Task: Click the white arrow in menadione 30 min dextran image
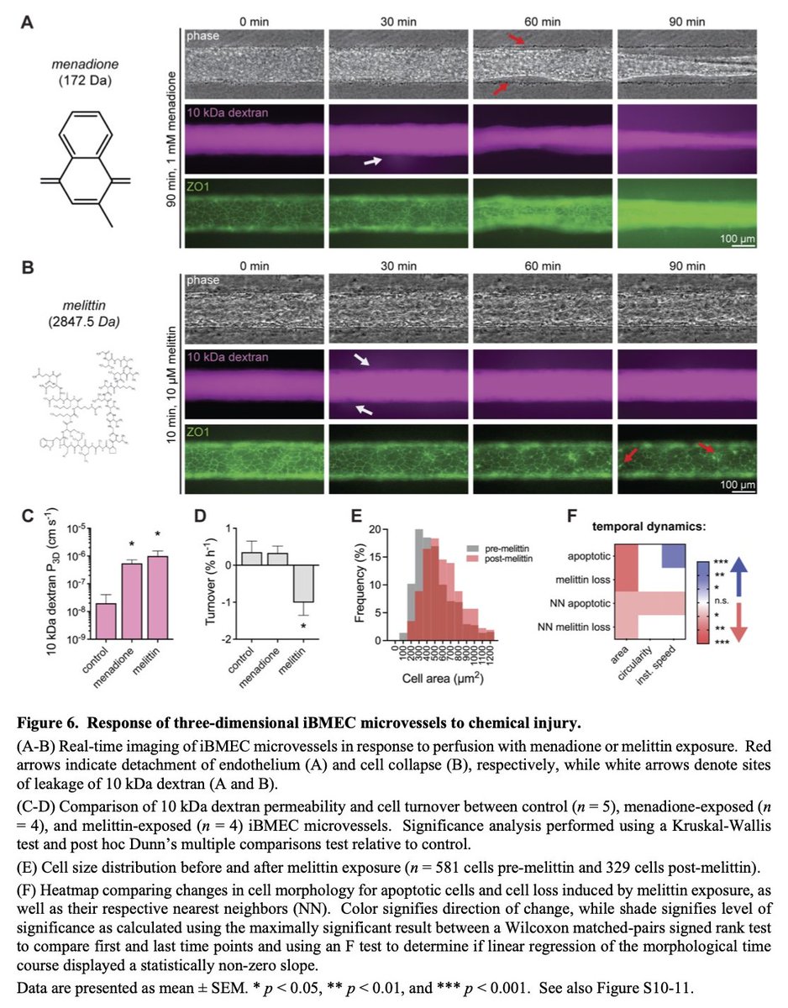pyautogui.click(x=371, y=161)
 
